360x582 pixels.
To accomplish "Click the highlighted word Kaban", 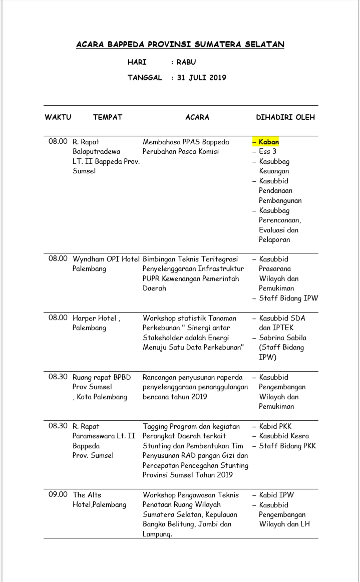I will (269, 142).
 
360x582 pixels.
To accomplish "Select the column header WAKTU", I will (58, 117).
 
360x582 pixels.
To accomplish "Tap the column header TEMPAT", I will (108, 117).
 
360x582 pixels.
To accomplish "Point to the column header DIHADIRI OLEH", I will (285, 117).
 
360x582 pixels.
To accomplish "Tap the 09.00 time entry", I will (58, 495).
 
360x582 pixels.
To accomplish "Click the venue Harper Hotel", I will (95, 318).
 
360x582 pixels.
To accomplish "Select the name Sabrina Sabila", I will (282, 338).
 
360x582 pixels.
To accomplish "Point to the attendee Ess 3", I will (267, 151).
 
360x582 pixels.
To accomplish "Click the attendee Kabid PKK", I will (275, 426).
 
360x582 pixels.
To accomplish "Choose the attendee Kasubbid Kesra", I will (284, 436).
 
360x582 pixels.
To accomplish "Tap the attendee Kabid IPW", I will (276, 495).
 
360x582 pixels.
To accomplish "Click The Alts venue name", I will (87, 495).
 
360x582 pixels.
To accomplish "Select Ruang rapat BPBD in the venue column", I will (102, 377).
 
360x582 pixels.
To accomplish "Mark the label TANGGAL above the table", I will (145, 78).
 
